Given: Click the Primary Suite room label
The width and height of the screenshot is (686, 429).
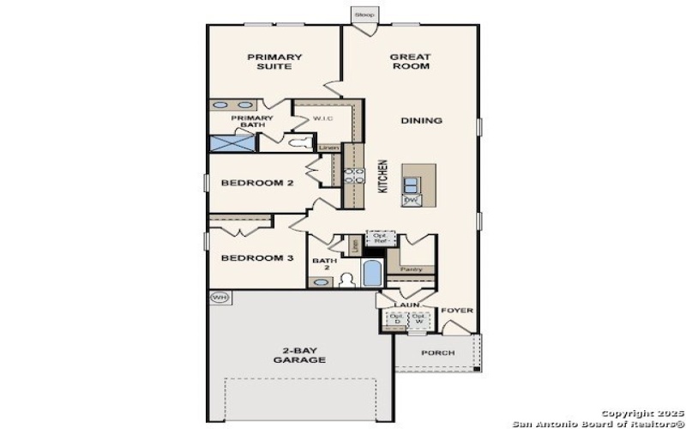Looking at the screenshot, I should tap(274, 62).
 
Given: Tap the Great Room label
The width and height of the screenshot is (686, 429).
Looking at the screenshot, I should tap(410, 62).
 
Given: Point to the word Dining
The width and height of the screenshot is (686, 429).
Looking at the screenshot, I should tap(421, 121).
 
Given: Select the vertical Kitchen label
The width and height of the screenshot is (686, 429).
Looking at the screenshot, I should tap(383, 177).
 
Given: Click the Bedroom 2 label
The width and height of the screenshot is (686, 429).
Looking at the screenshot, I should tap(258, 183).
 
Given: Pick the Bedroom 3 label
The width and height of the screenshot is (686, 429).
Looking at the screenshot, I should tap(258, 258).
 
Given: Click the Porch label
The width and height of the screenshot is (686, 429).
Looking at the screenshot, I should tap(438, 353).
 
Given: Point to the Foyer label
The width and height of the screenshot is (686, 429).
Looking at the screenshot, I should tap(457, 311).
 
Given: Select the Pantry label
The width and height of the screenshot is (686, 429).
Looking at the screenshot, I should tap(412, 269).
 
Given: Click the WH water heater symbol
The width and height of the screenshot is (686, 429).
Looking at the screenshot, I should tap(220, 298).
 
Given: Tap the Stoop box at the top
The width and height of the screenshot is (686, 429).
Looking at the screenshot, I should tap(364, 15).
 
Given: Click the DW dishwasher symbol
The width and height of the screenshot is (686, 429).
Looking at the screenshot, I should tap(411, 200).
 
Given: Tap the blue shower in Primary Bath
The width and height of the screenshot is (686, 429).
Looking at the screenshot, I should tap(232, 143).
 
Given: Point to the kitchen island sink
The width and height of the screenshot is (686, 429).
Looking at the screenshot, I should tap(411, 183).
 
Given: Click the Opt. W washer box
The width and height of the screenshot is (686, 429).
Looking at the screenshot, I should tap(418, 318).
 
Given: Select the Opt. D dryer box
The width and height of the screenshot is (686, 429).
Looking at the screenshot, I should tap(396, 318).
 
